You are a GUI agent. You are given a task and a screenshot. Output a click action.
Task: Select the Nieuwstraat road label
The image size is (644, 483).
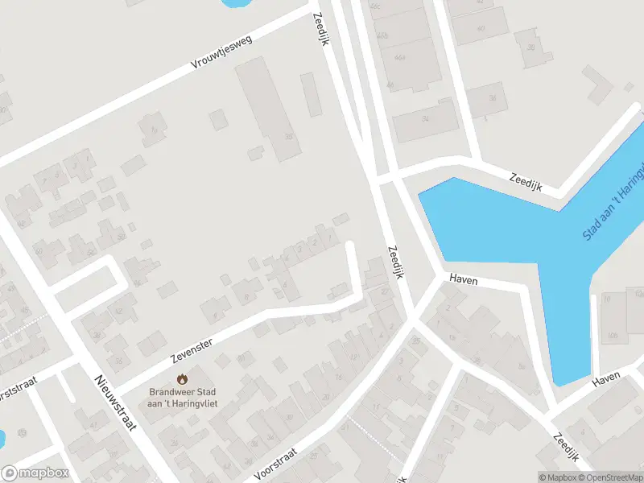(113, 402)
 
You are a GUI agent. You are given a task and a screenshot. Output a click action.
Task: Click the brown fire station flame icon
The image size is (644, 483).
(182, 378)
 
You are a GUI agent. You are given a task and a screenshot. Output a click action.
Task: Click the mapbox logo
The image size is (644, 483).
(35, 473)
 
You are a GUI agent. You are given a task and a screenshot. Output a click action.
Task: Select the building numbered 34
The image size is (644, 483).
(424, 118)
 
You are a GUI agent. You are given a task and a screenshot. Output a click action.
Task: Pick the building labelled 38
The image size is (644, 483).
(530, 47)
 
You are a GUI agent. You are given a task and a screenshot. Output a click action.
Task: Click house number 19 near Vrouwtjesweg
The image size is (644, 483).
(151, 130)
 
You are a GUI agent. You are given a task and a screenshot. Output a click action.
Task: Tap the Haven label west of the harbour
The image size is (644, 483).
(464, 280)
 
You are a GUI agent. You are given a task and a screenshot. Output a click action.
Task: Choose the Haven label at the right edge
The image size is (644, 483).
(606, 379)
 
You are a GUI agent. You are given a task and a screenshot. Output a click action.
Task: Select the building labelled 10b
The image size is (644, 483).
(613, 335)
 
